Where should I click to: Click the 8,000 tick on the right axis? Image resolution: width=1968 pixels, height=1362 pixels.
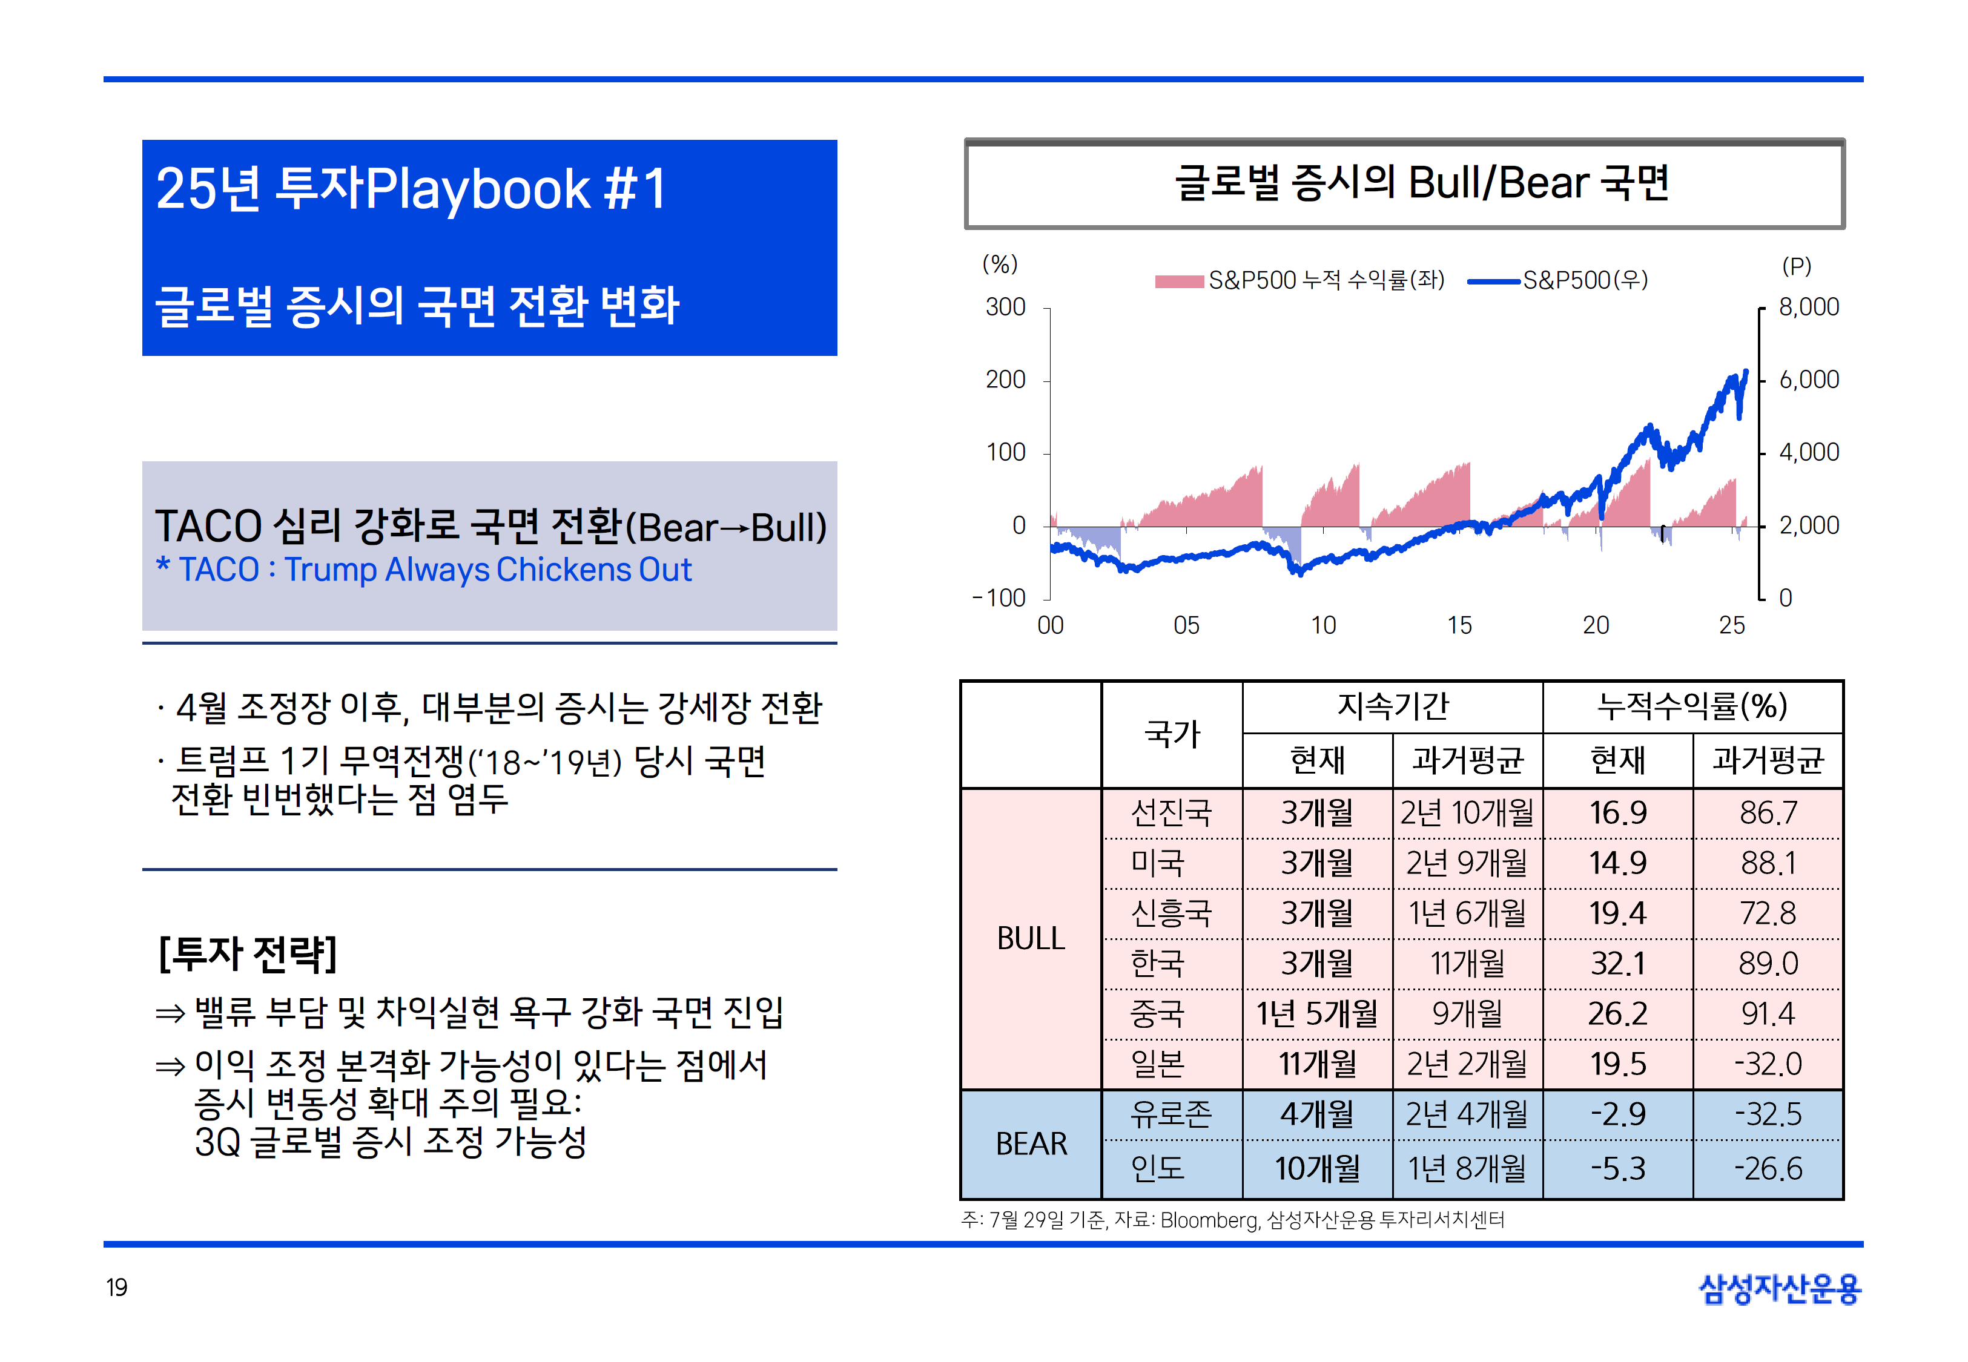[1808, 308]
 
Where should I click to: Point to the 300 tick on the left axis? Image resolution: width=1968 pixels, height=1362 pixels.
[1005, 308]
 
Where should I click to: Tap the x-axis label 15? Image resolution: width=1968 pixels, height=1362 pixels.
[1459, 625]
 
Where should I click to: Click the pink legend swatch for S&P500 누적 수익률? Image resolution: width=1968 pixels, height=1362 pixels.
[1178, 281]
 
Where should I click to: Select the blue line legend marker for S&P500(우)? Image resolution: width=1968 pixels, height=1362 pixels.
[1493, 281]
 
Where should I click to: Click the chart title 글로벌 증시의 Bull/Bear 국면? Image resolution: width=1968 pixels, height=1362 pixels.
[1421, 183]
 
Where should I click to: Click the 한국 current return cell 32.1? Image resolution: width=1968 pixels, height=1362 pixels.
[1617, 964]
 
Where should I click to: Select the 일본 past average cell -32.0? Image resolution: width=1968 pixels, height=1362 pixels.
[1768, 1064]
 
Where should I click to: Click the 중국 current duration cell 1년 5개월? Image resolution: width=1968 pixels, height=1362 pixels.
[1317, 1014]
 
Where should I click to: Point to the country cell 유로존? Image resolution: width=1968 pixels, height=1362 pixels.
[1171, 1114]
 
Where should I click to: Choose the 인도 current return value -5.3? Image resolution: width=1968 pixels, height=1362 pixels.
[1617, 1168]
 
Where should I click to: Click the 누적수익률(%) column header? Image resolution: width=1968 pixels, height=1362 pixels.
[1692, 706]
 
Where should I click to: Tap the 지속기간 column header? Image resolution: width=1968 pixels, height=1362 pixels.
[1393, 706]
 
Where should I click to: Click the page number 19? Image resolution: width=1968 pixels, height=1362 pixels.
[117, 1287]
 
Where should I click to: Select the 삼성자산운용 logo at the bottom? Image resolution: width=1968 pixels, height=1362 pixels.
[1780, 1289]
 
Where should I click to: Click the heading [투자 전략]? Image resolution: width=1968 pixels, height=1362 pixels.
[248, 954]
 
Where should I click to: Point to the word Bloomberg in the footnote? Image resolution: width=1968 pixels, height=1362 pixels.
[1209, 1220]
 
